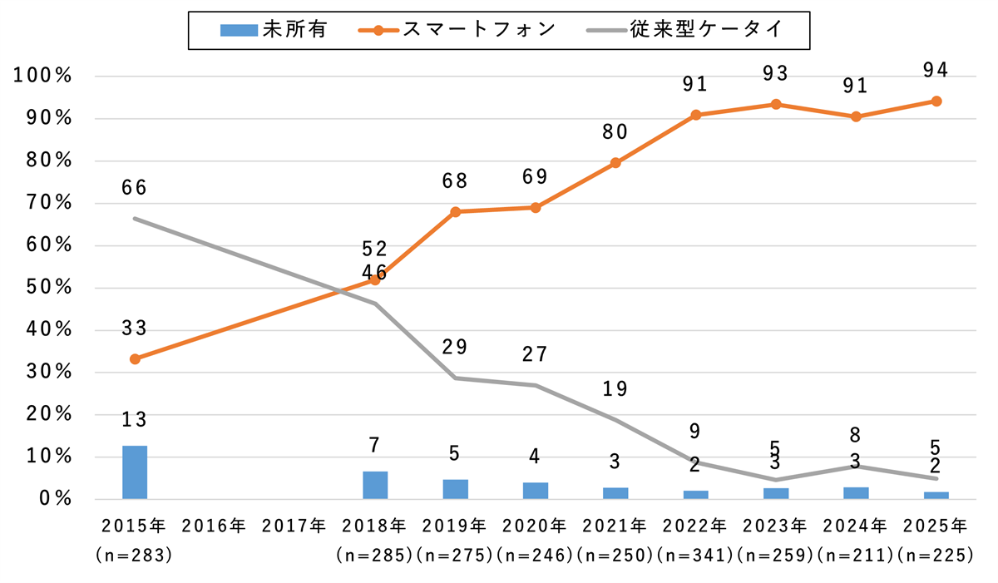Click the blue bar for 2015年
click(x=135, y=472)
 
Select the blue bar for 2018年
click(x=375, y=485)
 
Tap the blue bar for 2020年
click(x=536, y=491)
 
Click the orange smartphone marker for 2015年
click(x=135, y=359)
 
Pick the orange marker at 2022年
click(x=696, y=115)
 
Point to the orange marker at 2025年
click(x=936, y=101)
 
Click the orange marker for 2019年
click(x=456, y=212)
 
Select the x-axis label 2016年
click(x=215, y=526)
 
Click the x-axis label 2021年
click(x=615, y=526)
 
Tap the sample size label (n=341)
click(x=696, y=554)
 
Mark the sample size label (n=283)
click(x=135, y=554)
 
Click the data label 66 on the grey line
click(x=134, y=188)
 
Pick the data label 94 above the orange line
click(x=936, y=71)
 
